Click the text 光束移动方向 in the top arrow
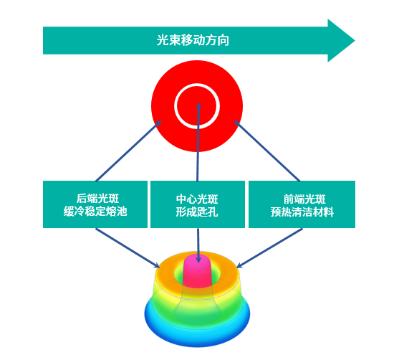tap(193, 40)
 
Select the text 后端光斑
tap(97, 198)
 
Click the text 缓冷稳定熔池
tap(95, 212)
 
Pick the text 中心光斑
tap(197, 199)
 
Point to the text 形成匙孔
tap(197, 212)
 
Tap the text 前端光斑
tap(304, 199)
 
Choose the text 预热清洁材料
tap(302, 212)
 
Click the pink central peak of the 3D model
tap(198, 270)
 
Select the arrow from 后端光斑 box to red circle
tap(128, 151)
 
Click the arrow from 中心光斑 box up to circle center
tap(198, 142)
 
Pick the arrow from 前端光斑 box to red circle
tap(267, 151)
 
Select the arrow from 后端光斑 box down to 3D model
tap(128, 248)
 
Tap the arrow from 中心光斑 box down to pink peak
tap(198, 245)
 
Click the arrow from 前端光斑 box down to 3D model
tap(269, 248)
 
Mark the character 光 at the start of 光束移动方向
tap(163, 40)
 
